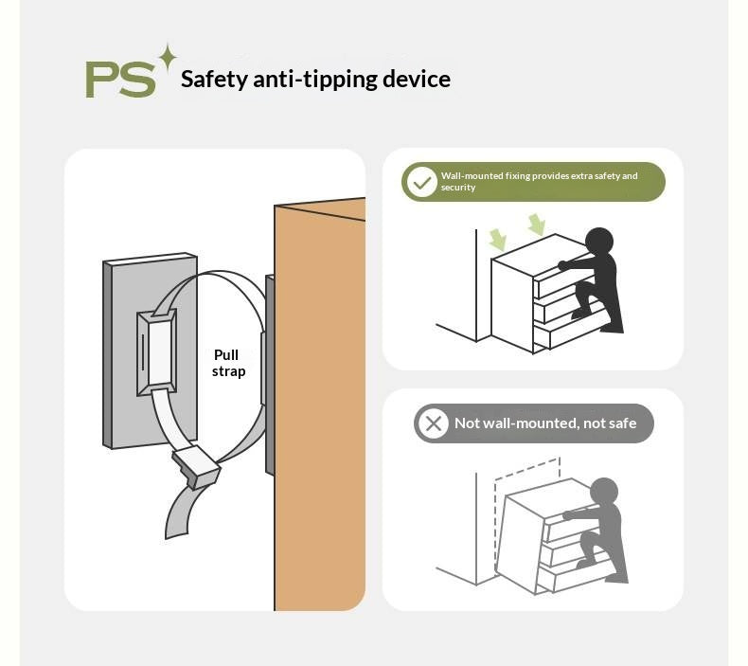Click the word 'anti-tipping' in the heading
tap(315, 80)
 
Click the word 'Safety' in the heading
tap(214, 81)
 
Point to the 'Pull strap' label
tap(228, 364)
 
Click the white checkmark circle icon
tap(422, 182)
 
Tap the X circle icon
tap(433, 423)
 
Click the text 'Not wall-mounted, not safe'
tap(545, 423)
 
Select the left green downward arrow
tap(497, 240)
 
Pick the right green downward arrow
tap(537, 225)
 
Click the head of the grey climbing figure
tap(604, 493)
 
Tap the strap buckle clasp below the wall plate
tap(197, 466)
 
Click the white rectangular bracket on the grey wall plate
tap(157, 352)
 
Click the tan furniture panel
tap(320, 405)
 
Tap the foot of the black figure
tap(611, 329)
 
